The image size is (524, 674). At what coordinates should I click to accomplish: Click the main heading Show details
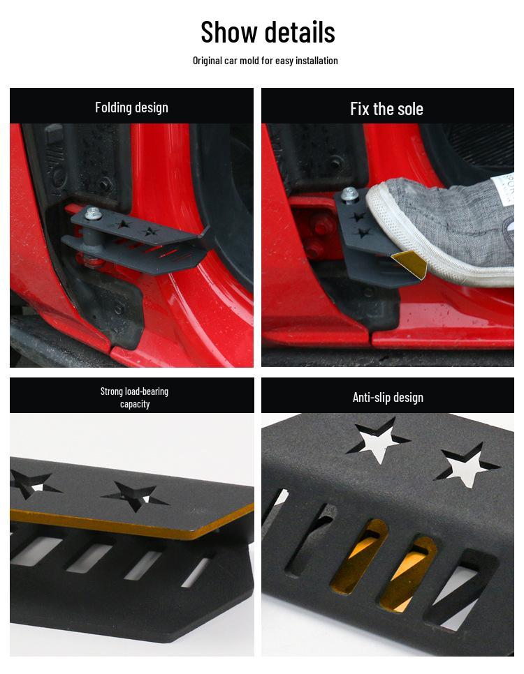click(268, 32)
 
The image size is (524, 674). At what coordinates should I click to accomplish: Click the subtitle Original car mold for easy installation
click(265, 61)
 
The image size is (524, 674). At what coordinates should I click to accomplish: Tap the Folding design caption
click(131, 107)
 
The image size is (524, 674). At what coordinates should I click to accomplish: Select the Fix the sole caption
click(386, 109)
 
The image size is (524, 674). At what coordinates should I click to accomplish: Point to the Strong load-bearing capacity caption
click(134, 398)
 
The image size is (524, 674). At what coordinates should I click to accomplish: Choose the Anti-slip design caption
click(388, 398)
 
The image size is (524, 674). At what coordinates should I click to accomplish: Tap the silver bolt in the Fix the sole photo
click(350, 195)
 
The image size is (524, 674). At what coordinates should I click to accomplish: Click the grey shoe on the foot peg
click(447, 223)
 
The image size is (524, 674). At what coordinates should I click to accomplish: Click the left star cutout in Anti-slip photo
click(377, 440)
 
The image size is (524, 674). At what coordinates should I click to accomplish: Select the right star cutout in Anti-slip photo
click(467, 465)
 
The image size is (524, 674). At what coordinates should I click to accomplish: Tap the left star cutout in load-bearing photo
click(31, 484)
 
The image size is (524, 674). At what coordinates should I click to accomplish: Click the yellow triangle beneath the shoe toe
click(411, 263)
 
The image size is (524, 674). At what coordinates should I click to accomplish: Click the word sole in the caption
click(409, 109)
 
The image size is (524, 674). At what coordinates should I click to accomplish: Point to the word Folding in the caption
click(113, 107)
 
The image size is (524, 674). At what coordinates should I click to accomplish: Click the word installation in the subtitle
click(316, 61)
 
